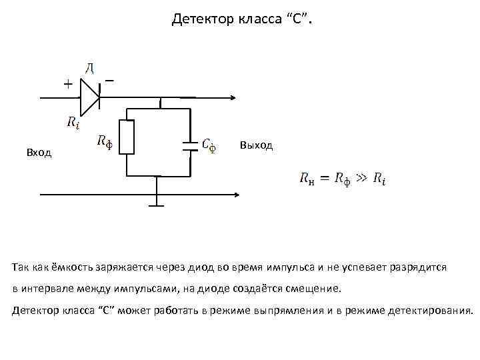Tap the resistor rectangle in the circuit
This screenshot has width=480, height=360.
127,137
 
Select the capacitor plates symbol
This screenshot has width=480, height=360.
191,145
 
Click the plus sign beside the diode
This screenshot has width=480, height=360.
68,84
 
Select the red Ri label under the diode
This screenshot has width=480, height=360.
73,121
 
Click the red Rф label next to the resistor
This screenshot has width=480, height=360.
104,141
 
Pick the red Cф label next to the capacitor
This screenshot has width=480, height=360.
209,145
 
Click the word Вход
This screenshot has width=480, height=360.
39,153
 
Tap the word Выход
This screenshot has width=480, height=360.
255,145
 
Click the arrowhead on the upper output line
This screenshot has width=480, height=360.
233,97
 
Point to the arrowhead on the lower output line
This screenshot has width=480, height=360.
236,195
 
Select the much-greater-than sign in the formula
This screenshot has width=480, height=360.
361,178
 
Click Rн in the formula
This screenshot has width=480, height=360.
307,179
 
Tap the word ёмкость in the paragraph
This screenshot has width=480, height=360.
71,267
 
